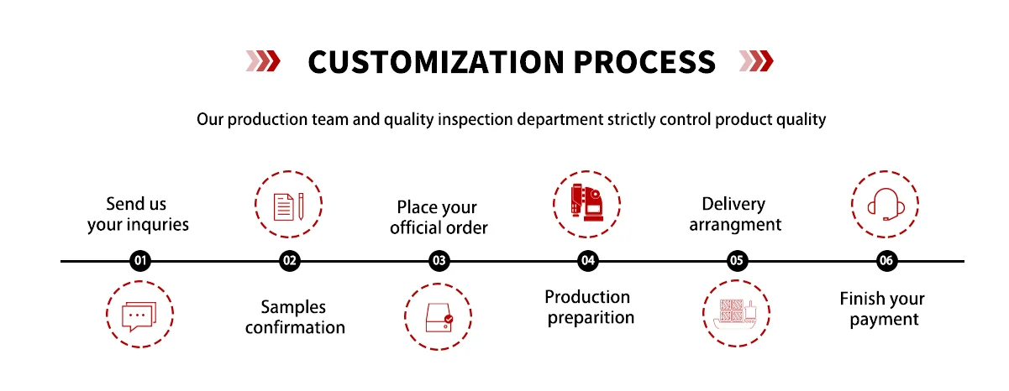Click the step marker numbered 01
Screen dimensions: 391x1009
tap(140, 261)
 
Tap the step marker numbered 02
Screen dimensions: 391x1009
tap(290, 261)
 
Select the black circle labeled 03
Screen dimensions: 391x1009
tap(439, 261)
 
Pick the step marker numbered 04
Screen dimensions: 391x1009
tap(588, 261)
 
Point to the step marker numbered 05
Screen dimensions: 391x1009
tap(737, 261)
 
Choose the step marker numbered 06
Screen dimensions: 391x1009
tap(886, 261)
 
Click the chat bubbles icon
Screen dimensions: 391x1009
tap(139, 315)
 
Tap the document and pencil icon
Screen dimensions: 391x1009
tap(289, 205)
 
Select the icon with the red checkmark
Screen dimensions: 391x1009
tap(438, 316)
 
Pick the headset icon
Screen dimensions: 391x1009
tap(885, 205)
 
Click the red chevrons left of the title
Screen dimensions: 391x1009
tap(263, 60)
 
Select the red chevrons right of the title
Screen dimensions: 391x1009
tap(755, 60)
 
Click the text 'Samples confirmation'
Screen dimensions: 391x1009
tap(294, 317)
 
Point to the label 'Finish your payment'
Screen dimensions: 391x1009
tap(882, 309)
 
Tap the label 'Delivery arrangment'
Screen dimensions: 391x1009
tap(735, 214)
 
